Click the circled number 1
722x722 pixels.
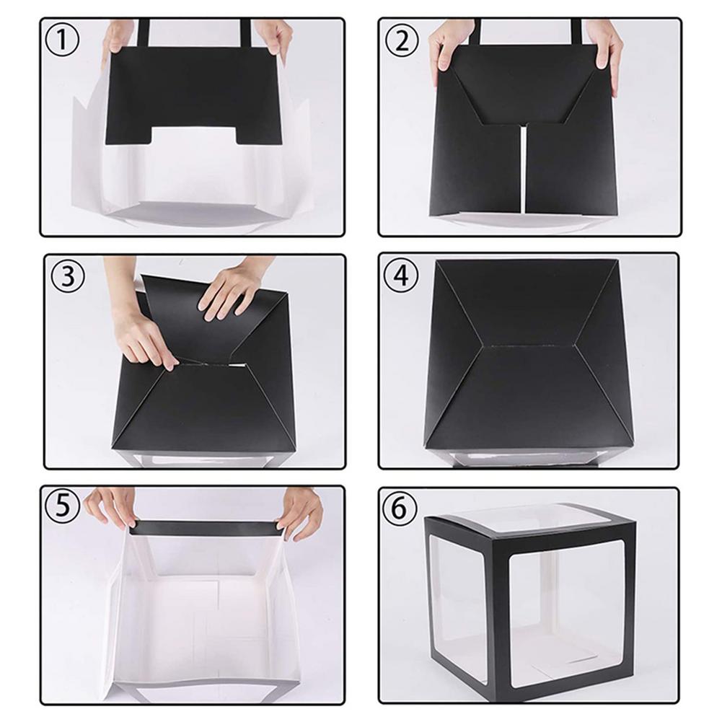(x=62, y=40)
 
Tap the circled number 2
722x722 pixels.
(x=402, y=40)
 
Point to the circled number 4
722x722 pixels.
(x=401, y=276)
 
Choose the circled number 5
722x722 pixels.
(x=63, y=506)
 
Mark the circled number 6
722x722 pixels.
(x=399, y=509)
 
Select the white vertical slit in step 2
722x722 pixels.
(x=523, y=170)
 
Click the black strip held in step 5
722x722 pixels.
(x=206, y=528)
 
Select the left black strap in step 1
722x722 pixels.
(x=144, y=33)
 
